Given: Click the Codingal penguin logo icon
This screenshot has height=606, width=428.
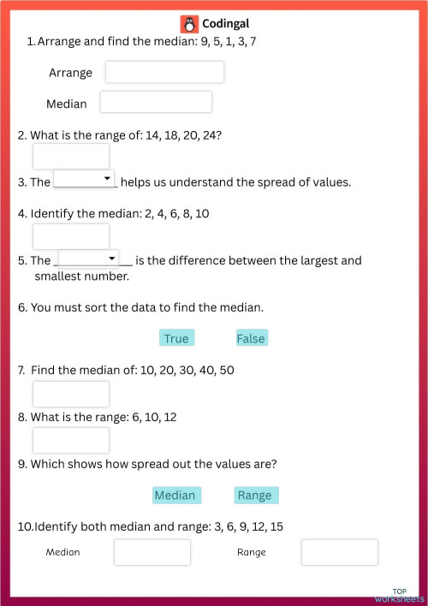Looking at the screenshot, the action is click(x=189, y=24).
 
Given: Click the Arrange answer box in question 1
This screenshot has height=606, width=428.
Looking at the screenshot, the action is click(x=164, y=72).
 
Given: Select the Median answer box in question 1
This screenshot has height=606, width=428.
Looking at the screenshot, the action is click(x=156, y=102).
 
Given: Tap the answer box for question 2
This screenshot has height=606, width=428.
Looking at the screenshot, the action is click(x=71, y=157).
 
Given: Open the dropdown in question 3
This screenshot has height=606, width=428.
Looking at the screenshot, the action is click(x=85, y=178).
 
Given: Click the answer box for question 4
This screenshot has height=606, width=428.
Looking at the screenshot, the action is click(x=71, y=236).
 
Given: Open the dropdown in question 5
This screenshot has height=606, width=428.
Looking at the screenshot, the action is click(x=89, y=258).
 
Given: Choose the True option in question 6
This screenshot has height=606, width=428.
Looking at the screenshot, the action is click(x=176, y=338).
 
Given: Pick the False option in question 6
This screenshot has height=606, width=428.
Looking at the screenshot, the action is click(x=251, y=338).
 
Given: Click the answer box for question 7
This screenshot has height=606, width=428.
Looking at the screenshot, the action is click(x=71, y=394).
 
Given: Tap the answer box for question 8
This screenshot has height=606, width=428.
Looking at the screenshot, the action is click(x=71, y=440).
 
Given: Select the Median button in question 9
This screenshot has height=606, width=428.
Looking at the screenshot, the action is click(x=175, y=495).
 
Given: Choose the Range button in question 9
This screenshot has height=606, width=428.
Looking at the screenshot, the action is click(x=255, y=495).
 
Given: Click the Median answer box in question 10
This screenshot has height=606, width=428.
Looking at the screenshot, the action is click(x=152, y=552).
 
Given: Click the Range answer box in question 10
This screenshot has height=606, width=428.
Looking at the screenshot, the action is click(x=339, y=552).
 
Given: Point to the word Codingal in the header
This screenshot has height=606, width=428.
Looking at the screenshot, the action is click(x=226, y=24).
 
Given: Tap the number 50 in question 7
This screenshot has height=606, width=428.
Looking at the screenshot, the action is click(x=226, y=370).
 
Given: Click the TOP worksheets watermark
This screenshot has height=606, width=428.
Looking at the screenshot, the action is click(x=399, y=596).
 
